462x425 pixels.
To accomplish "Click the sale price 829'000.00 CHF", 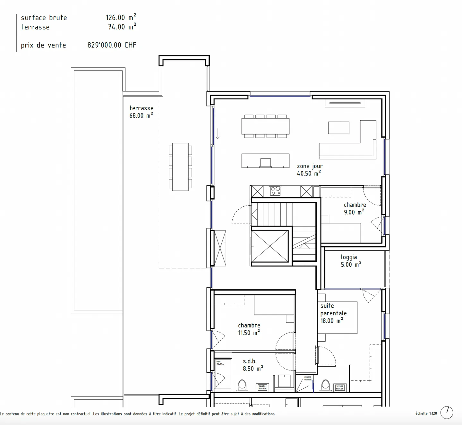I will click(112, 45).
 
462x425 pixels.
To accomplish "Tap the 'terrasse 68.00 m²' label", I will click(141, 112).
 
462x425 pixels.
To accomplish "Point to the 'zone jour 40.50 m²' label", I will click(309, 170).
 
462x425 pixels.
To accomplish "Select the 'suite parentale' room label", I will click(333, 313).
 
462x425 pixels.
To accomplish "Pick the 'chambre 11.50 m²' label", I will click(249, 329).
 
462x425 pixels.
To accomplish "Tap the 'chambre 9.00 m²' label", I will click(355, 208).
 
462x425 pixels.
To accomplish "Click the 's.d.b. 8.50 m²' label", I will click(252, 365).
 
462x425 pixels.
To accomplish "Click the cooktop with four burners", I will click(275, 191).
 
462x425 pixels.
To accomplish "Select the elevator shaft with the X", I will click(270, 246).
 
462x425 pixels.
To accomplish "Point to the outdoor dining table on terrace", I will click(180, 167).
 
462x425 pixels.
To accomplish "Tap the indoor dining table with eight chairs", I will click(265, 126).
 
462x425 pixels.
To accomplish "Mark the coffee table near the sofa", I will click(338, 128).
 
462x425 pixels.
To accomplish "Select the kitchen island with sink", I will click(265, 160).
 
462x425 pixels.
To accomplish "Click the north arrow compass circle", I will click(447, 412).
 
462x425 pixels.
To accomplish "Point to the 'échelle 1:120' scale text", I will click(426, 413).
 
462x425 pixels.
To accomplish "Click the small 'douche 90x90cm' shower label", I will click(307, 378).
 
